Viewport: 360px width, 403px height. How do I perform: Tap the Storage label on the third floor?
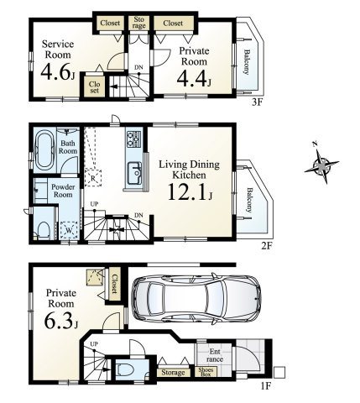point(139,23)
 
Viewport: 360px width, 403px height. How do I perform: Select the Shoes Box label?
point(205,371)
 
